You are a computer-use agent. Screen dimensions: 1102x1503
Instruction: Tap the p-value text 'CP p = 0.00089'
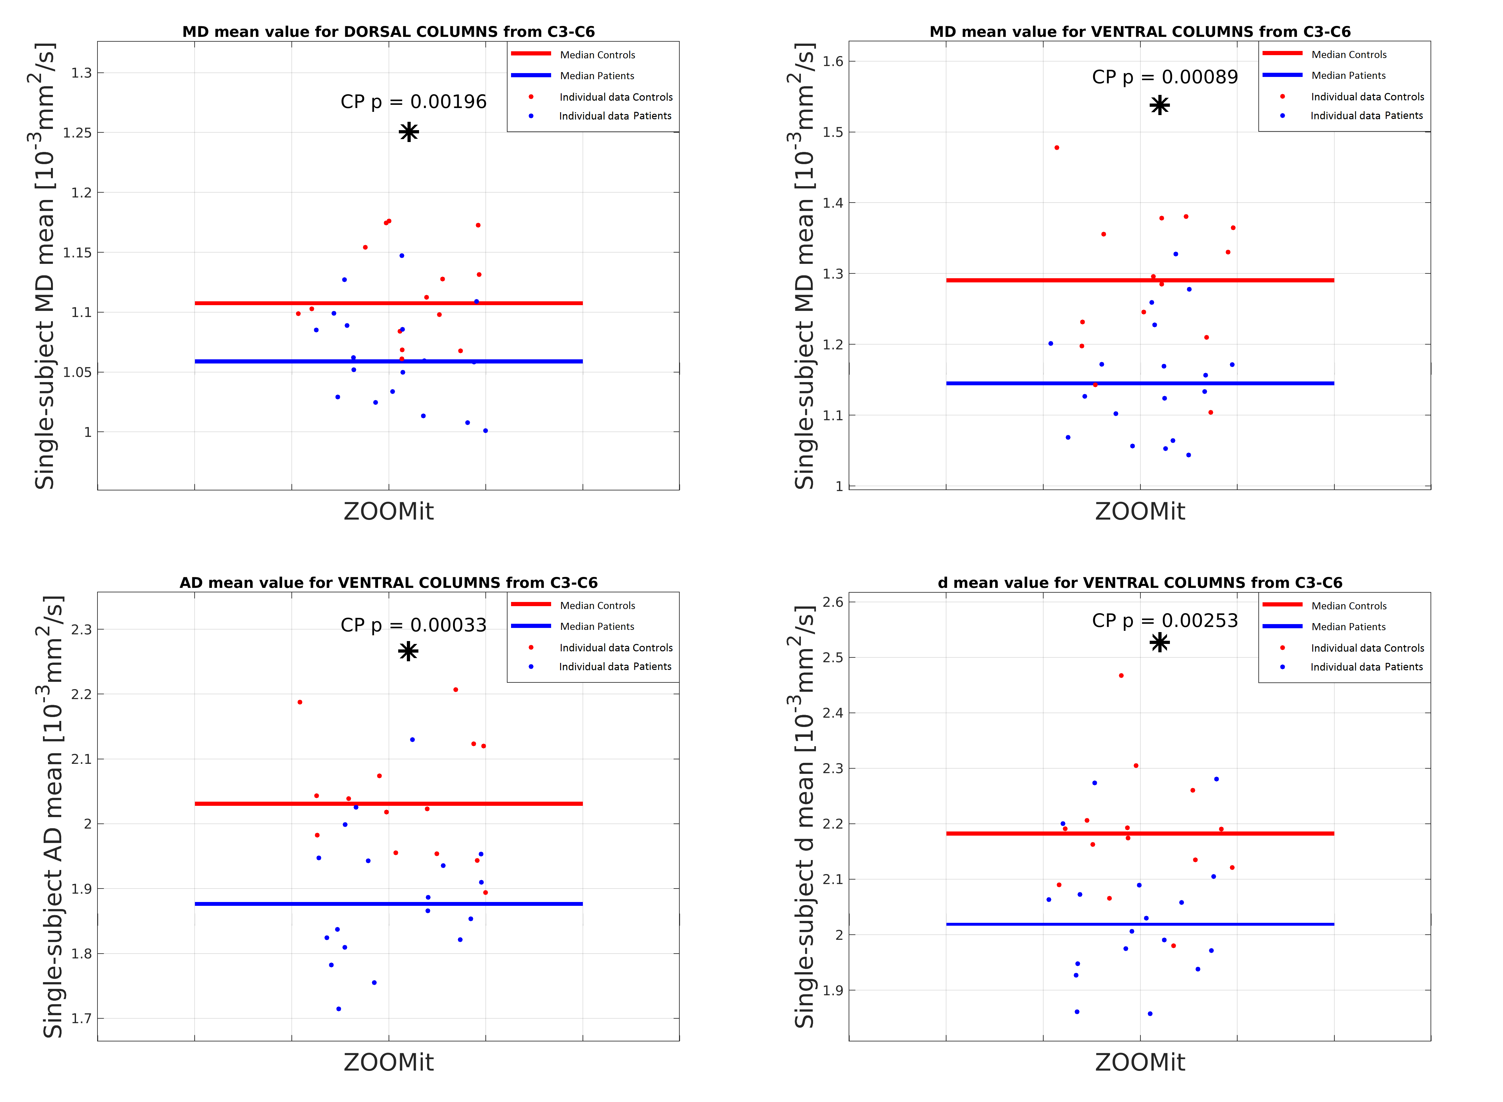click(1164, 77)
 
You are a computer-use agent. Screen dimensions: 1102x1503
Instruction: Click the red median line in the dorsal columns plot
click(388, 304)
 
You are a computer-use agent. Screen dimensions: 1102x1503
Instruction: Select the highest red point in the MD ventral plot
click(1057, 147)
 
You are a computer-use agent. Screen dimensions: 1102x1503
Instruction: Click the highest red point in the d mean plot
click(1121, 676)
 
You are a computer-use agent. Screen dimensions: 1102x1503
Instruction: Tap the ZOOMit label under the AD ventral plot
click(388, 1062)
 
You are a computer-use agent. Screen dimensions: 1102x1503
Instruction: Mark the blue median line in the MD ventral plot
click(1139, 384)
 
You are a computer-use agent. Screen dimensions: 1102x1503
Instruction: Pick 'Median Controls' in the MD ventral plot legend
click(1348, 55)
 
